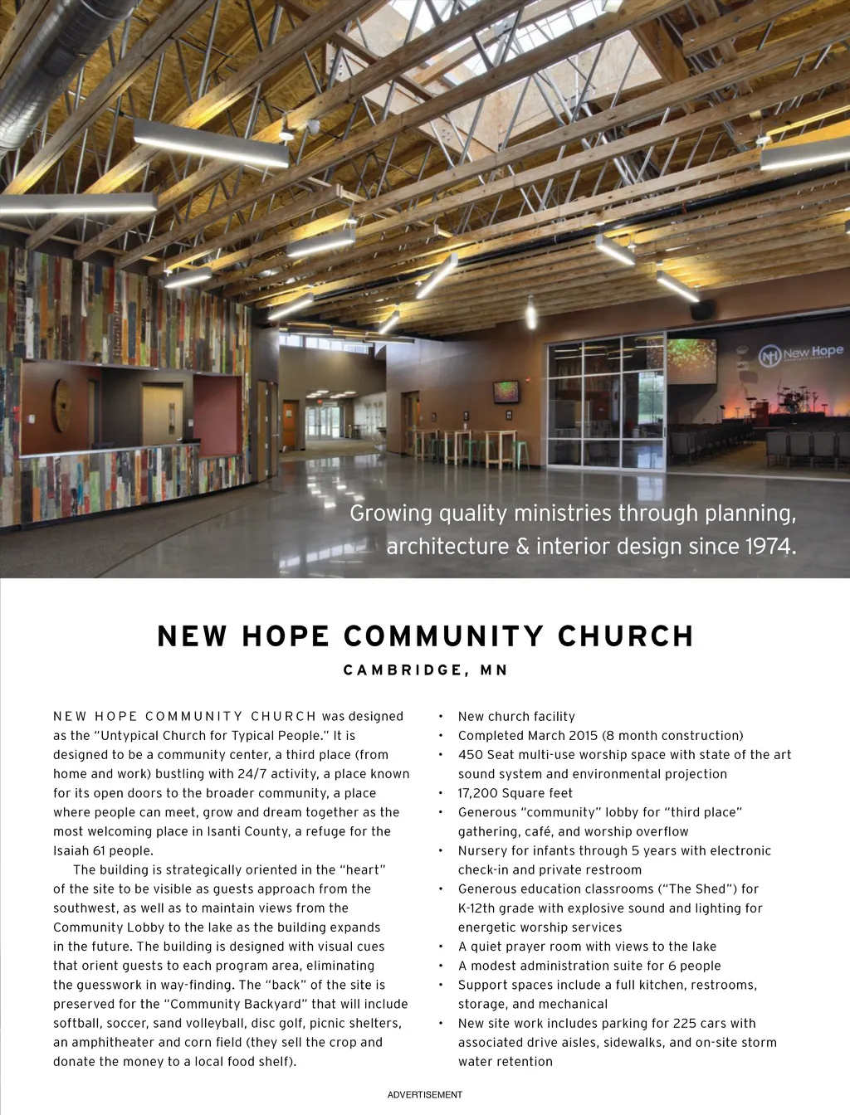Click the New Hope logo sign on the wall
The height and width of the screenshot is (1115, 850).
point(801,354)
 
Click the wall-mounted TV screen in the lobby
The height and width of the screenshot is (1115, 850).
point(506,392)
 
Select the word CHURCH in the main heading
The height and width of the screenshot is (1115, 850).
point(625,636)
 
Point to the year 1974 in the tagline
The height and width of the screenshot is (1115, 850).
point(769,547)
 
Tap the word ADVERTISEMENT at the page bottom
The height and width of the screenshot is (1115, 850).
point(425,1095)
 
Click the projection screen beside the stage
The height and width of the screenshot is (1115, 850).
point(691,360)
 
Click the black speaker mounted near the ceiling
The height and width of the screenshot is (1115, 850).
point(702,310)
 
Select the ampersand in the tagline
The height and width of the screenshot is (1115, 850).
point(522,547)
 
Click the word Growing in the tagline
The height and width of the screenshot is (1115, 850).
point(391,514)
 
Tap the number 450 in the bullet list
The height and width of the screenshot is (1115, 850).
point(471,755)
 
